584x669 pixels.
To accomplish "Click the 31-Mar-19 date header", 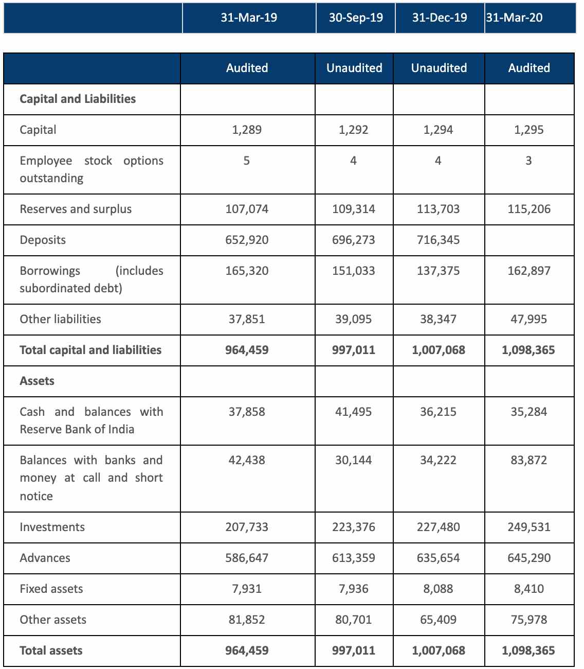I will [249, 18].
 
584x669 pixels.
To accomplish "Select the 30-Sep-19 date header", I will [356, 18].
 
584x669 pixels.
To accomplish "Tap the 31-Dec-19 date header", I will [440, 18].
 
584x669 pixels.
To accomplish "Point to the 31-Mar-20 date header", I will [514, 18].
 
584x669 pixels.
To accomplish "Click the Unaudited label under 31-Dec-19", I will [439, 68].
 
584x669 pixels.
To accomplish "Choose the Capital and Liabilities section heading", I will [78, 99].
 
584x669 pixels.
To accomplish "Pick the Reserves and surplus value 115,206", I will [529, 209].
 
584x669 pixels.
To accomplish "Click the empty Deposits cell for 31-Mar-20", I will [529, 240].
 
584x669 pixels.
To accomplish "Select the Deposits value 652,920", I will [247, 240].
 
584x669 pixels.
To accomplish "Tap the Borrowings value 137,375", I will [439, 271].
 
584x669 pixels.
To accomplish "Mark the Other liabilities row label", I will [60, 319].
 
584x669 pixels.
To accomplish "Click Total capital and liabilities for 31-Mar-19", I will [247, 350].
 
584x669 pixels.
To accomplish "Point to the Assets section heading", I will [37, 381].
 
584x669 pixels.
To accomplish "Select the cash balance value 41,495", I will [354, 412].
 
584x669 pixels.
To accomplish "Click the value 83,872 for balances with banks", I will [529, 461].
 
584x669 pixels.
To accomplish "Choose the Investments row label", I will [52, 527].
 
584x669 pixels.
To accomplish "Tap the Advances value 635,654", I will [439, 558].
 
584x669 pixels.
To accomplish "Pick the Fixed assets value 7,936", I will [354, 589].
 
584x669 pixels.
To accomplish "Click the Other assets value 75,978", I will [529, 620].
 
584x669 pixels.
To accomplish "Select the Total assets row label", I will [51, 651].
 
